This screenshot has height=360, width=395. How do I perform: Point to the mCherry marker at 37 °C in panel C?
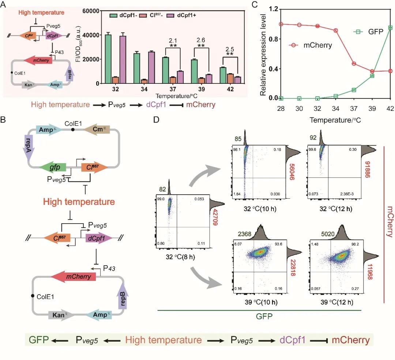pos(354,64)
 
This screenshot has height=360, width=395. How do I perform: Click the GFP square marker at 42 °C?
pos(390,27)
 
